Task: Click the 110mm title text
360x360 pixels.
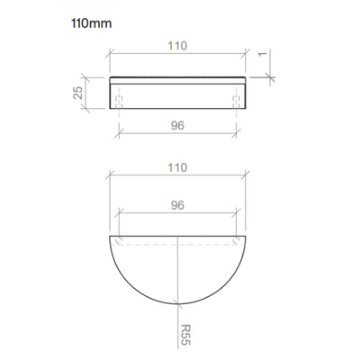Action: pos(92,23)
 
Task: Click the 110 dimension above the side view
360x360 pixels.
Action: pos(177,46)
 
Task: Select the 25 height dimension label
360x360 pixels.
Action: pos(78,93)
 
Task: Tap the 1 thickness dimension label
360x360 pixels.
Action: pos(263,54)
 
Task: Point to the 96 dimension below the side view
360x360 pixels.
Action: pos(177,125)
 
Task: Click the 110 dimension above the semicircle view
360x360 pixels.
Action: pos(177,167)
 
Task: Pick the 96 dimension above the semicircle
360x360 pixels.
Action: pos(177,205)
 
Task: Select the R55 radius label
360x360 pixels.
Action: pos(185,335)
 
